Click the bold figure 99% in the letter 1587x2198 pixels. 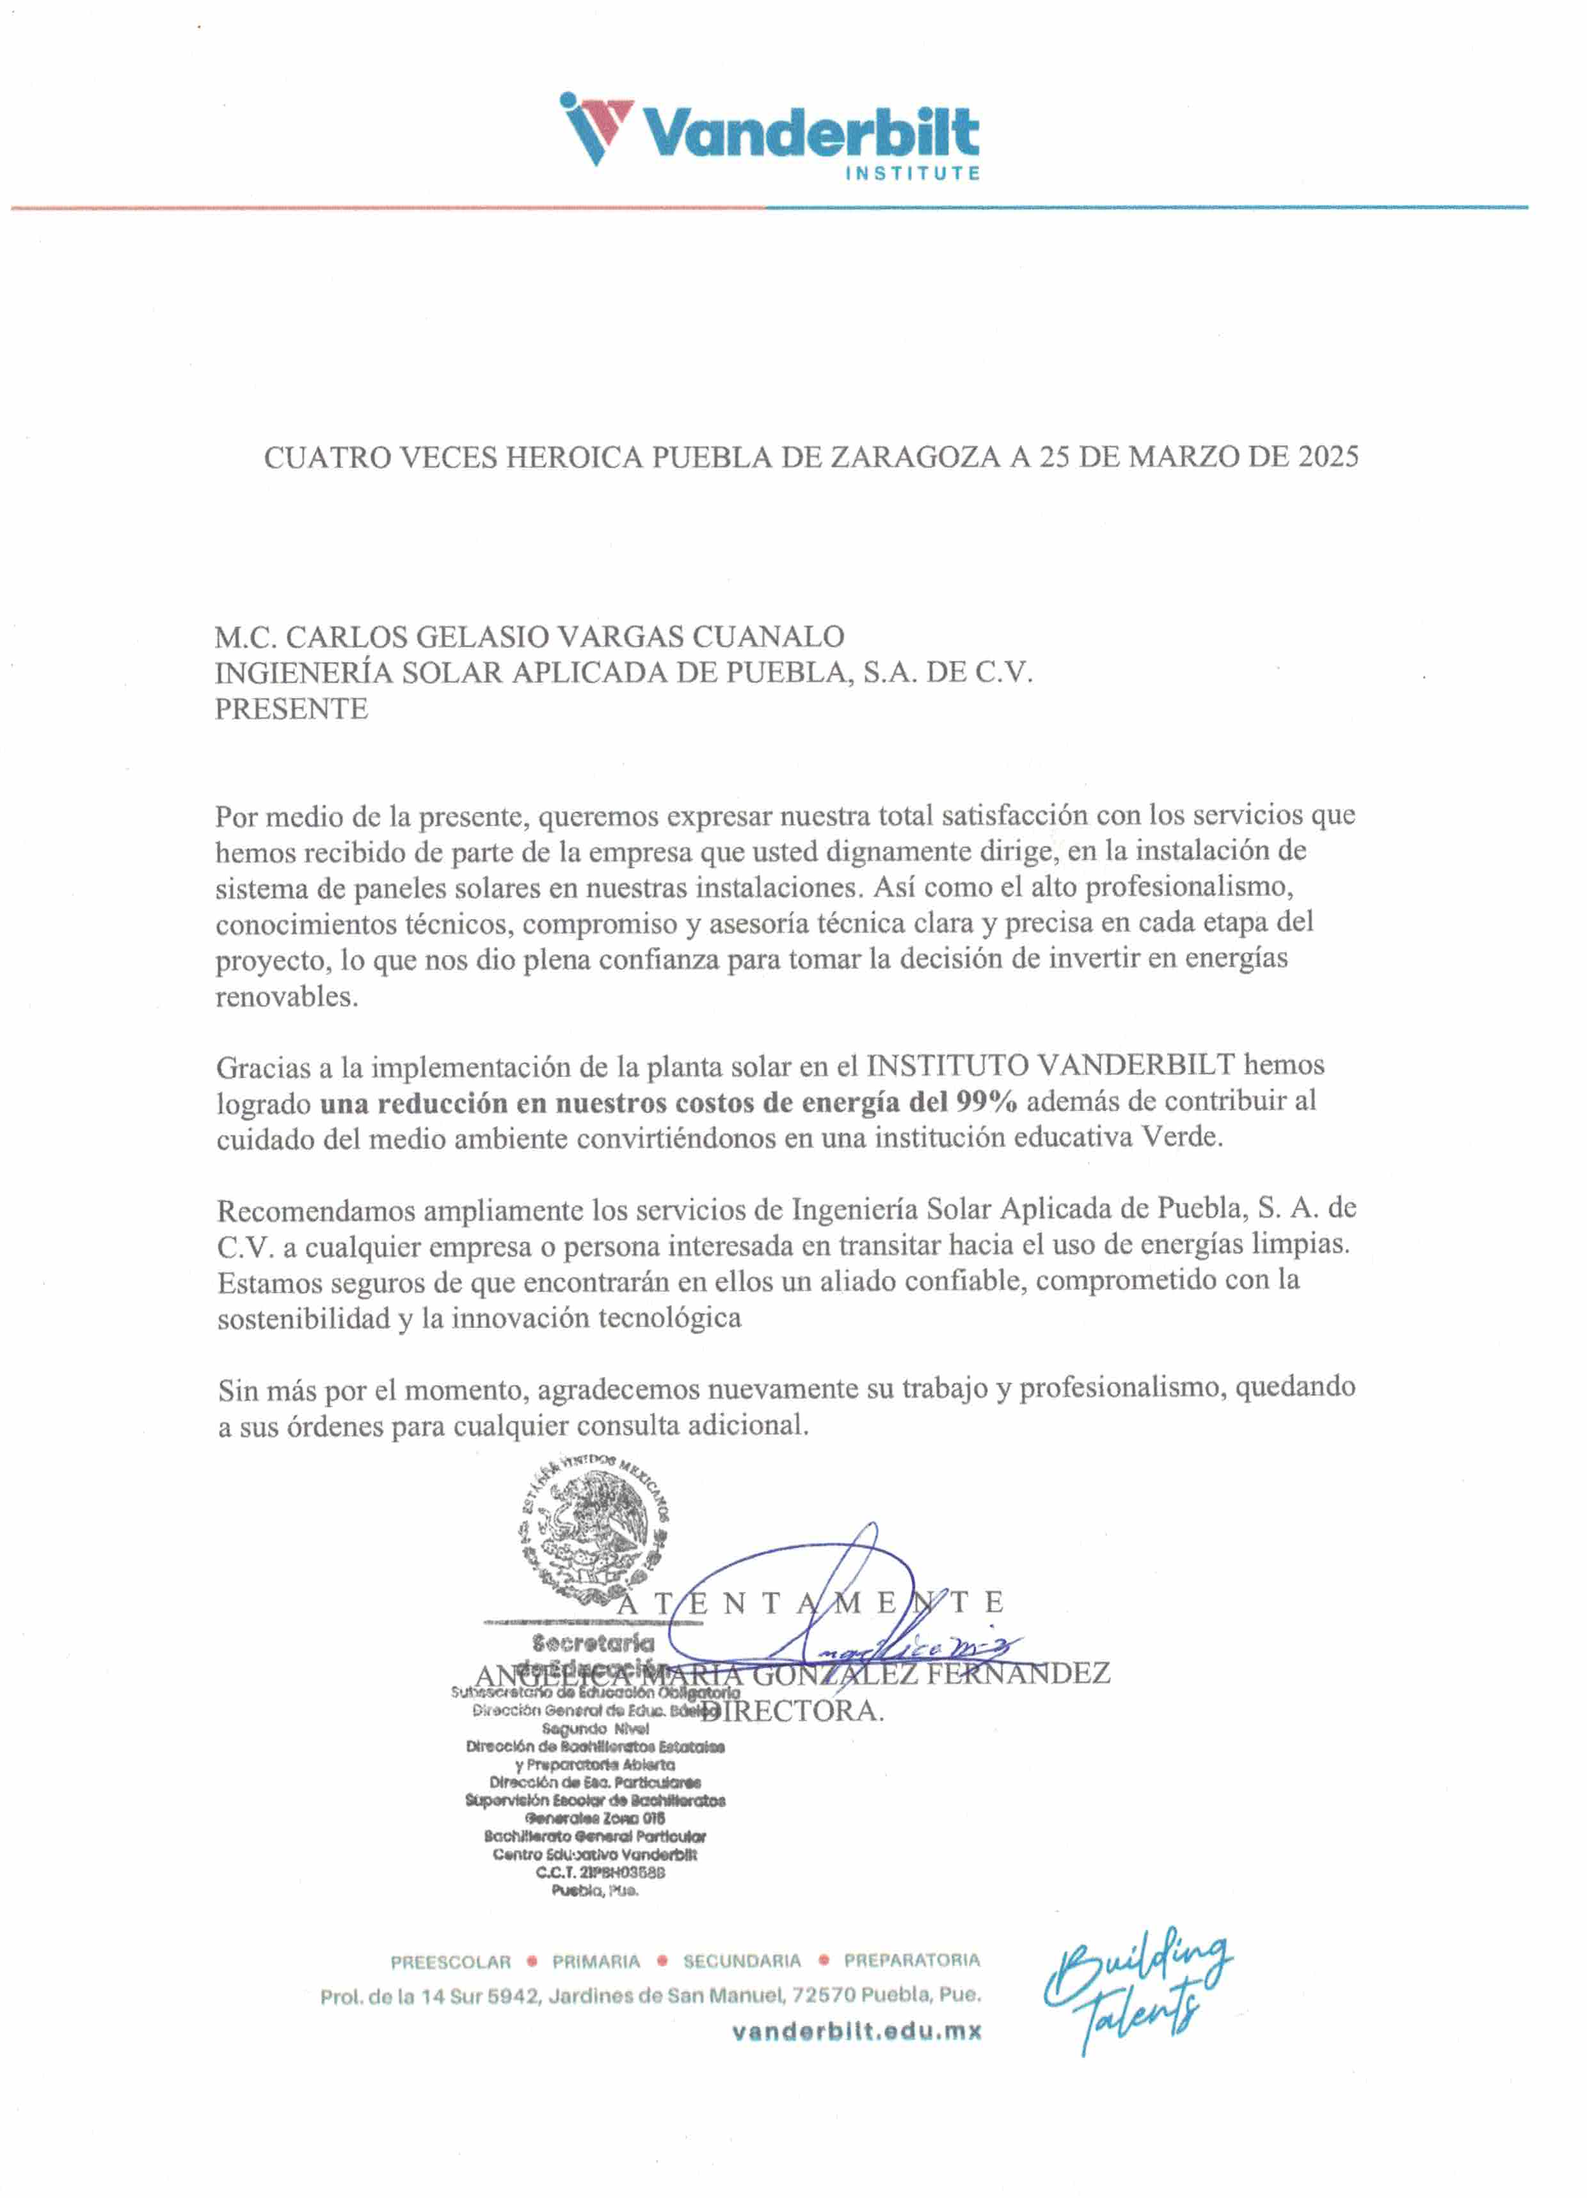click(x=986, y=1102)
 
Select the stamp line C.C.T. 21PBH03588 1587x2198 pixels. click(x=595, y=1872)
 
